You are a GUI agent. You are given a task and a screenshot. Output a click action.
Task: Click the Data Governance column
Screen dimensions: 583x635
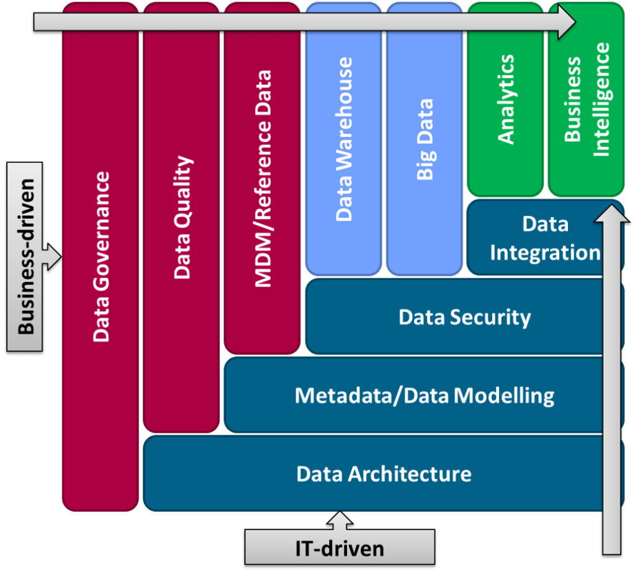point(101,260)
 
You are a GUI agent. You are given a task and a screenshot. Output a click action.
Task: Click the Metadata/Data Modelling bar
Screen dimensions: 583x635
point(416,395)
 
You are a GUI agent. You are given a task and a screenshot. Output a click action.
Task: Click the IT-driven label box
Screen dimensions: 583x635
point(339,548)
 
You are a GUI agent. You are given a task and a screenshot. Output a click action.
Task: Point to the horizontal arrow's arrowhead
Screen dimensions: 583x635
point(567,23)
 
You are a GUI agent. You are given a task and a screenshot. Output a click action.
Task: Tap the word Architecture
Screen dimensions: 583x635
point(410,474)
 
